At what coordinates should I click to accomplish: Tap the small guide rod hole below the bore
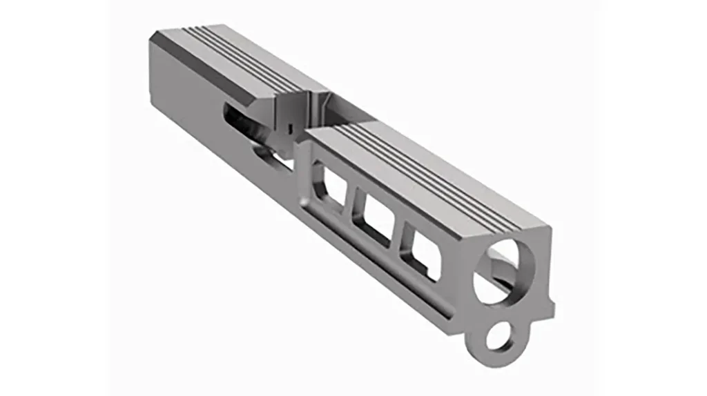pyautogui.click(x=496, y=337)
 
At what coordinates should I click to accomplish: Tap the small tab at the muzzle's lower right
pyautogui.click(x=550, y=303)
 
